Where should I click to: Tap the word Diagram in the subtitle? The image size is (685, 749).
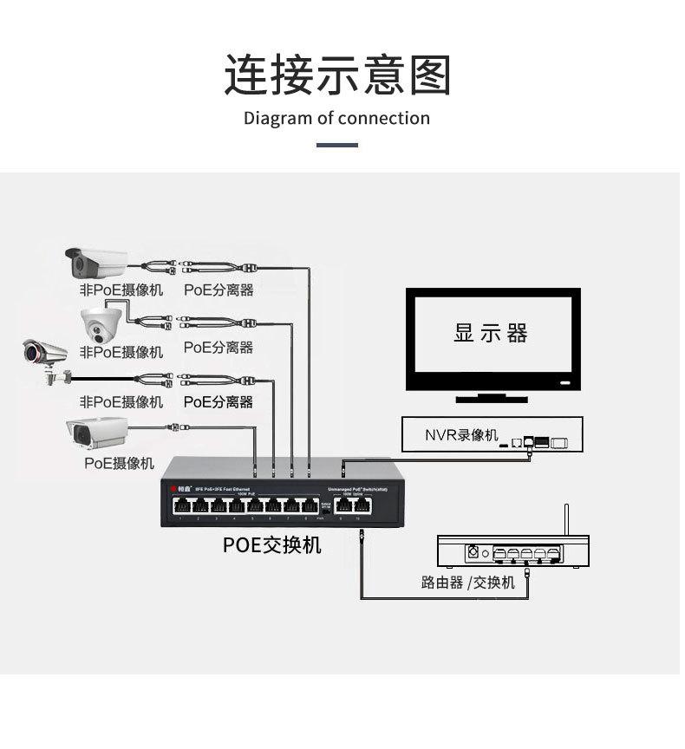click(x=277, y=118)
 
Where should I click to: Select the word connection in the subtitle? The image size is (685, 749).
click(x=383, y=118)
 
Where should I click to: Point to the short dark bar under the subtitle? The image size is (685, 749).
click(x=337, y=145)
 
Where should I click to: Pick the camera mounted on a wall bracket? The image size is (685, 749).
click(x=47, y=359)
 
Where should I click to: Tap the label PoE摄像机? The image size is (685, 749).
click(x=119, y=463)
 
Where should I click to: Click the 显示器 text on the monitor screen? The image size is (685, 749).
click(x=490, y=333)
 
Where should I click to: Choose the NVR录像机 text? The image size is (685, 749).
click(x=460, y=434)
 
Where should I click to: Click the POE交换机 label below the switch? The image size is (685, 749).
click(x=272, y=544)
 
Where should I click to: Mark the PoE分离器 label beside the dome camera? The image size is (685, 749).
click(x=219, y=347)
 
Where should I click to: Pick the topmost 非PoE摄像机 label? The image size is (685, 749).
click(x=121, y=290)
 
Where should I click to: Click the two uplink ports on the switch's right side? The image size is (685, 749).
click(x=349, y=506)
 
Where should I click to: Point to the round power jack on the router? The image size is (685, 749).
click(x=473, y=551)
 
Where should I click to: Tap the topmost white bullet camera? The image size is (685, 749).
click(x=96, y=260)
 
